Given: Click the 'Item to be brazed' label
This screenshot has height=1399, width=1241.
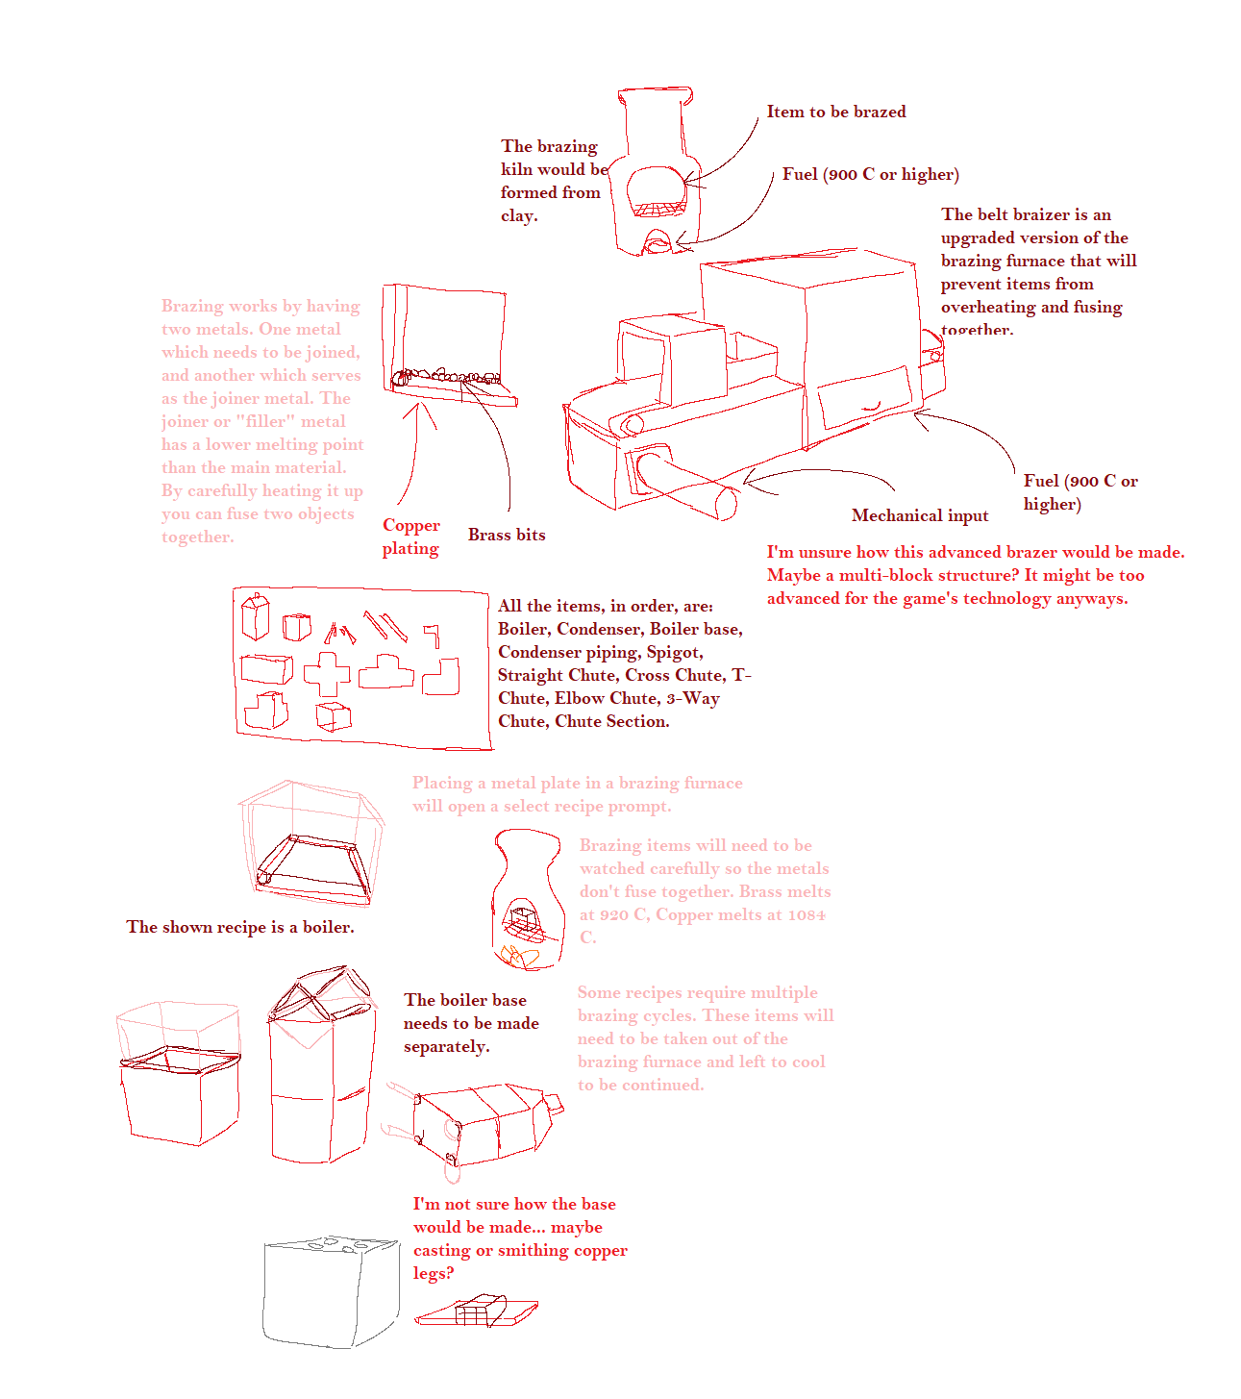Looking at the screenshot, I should (835, 112).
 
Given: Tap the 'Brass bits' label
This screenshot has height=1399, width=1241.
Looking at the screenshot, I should (507, 535).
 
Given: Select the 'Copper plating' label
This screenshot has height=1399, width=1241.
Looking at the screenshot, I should (410, 537).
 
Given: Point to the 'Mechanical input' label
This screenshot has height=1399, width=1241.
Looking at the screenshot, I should (919, 515).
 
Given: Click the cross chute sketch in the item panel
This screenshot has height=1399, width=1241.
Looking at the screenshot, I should (327, 673).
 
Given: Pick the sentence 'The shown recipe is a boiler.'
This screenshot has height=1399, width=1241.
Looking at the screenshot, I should (240, 927).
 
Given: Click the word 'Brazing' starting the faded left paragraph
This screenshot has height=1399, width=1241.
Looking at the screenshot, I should (191, 306).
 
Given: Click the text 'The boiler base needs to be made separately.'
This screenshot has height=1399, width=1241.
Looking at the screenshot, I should (470, 1023).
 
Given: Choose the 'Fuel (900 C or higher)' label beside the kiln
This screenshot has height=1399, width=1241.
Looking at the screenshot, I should (870, 174).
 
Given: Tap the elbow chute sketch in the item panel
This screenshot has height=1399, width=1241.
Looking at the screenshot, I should (441, 676).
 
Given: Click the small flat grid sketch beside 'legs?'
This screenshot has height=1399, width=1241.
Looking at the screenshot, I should (476, 1312).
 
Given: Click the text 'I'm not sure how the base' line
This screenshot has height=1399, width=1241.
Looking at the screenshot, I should (514, 1204).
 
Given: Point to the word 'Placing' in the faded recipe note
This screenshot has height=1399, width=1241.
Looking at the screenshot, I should (442, 783).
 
